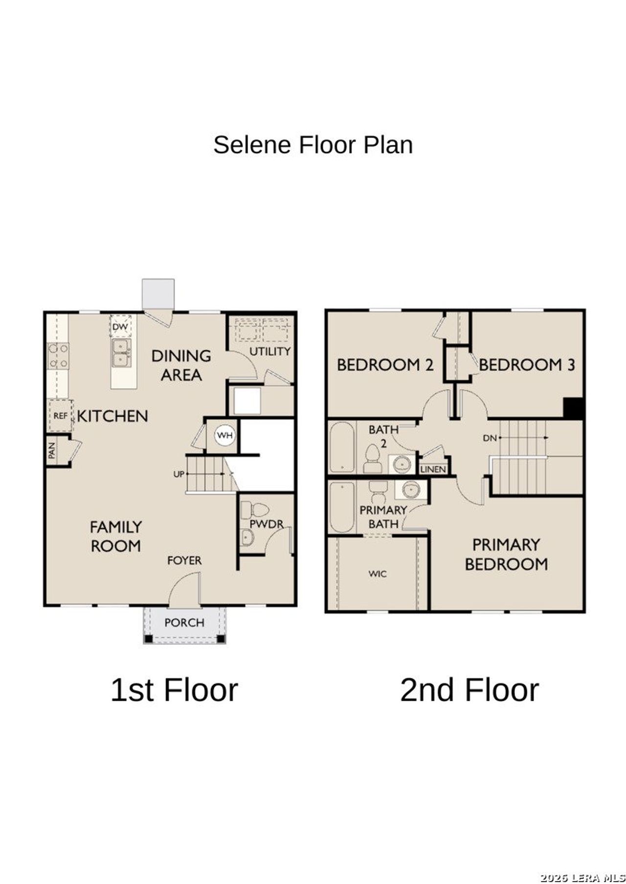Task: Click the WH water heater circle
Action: tap(225, 435)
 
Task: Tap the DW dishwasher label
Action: tap(120, 326)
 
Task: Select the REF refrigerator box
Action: tap(60, 416)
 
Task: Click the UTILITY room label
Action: tap(270, 351)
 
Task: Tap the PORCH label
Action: tap(184, 623)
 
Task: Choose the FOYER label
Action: tap(184, 561)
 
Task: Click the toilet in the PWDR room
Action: tap(255, 511)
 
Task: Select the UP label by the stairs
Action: tap(179, 474)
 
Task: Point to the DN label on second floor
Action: tap(490, 438)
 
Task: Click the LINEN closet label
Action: tap(433, 469)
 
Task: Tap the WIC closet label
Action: tap(378, 574)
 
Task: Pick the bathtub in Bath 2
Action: tap(342, 448)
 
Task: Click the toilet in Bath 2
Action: tap(373, 459)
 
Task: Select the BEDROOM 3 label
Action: tap(527, 365)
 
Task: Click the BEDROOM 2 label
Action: tap(385, 365)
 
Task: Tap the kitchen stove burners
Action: tap(58, 356)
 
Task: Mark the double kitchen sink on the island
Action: tap(120, 353)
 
